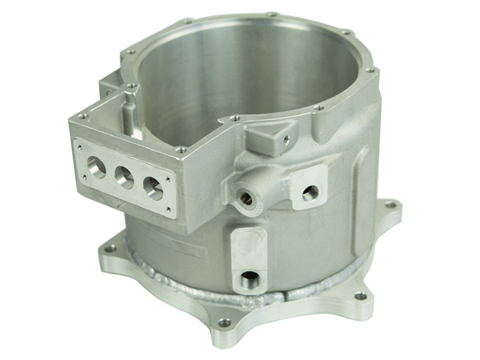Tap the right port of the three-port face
click(151, 185)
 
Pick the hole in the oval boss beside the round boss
click(311, 191)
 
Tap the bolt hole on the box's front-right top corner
click(182, 148)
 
